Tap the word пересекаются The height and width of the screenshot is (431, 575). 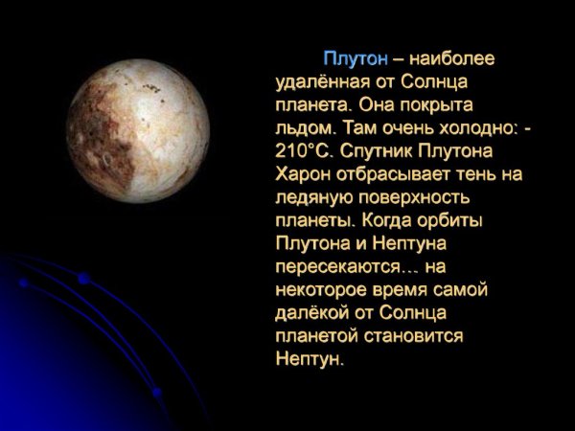pos(344,266)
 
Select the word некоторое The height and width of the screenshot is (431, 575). pos(321,289)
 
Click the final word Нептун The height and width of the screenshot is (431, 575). pos(307,359)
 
